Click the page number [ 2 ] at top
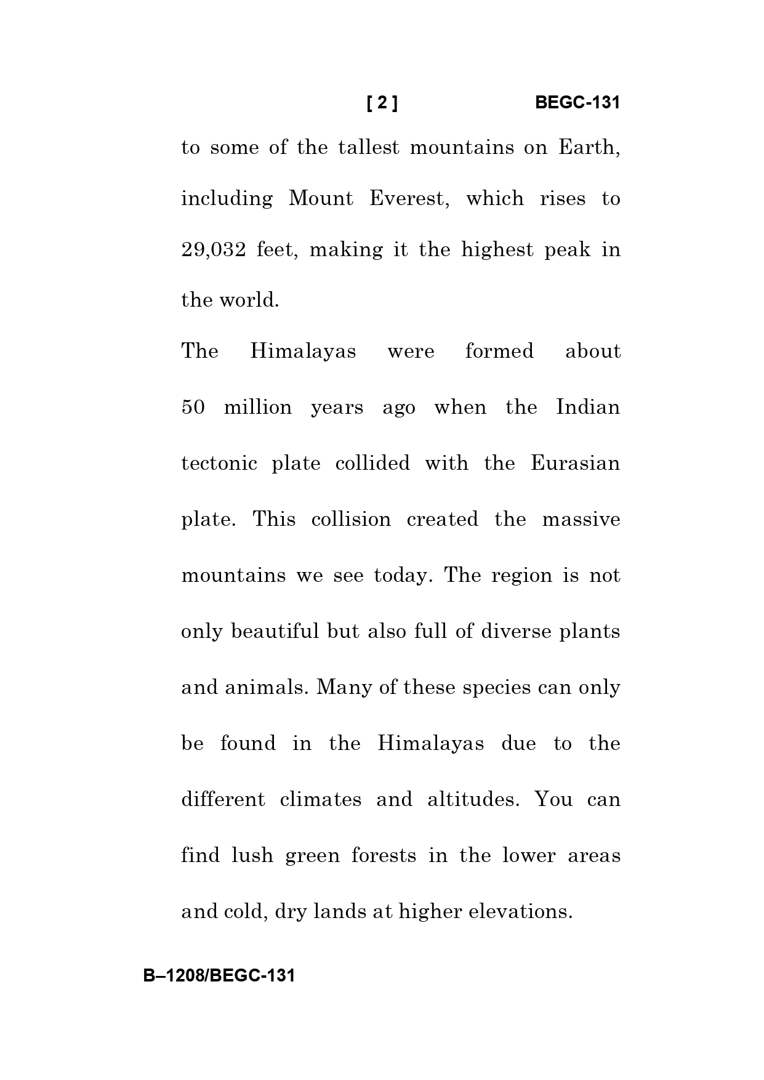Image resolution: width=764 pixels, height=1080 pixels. [x=382, y=103]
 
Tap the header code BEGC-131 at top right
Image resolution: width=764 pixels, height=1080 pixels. [x=577, y=103]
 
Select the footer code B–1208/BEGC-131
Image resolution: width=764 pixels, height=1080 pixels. [x=219, y=975]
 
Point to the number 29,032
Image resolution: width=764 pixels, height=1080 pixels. [x=214, y=250]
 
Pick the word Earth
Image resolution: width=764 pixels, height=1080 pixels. [x=589, y=148]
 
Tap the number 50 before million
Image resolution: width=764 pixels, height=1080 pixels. [x=193, y=408]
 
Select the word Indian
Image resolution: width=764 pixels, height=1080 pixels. [x=588, y=408]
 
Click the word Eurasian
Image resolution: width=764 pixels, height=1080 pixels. [x=575, y=463]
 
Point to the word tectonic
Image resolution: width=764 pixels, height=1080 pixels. [x=219, y=463]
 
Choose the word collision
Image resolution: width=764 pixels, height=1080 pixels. [x=351, y=519]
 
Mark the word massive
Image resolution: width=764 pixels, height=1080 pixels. [x=581, y=519]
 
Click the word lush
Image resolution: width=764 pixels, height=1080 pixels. [x=252, y=855]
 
